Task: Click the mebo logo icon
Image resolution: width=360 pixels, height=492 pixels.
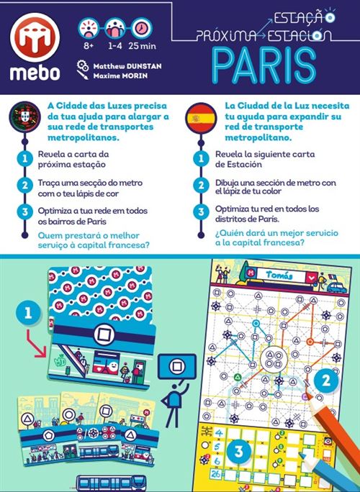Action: click(x=35, y=37)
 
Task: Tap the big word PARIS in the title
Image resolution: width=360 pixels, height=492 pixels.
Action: click(x=264, y=66)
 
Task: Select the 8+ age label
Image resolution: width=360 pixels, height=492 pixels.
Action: click(x=89, y=46)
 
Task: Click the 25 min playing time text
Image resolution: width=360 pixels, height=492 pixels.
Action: click(x=142, y=46)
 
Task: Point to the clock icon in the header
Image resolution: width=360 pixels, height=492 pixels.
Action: click(x=142, y=28)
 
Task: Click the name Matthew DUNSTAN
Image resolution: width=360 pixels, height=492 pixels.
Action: click(x=127, y=66)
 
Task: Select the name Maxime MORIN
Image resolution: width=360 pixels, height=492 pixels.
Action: click(x=120, y=76)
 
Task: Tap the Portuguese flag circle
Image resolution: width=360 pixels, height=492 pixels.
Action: click(x=24, y=117)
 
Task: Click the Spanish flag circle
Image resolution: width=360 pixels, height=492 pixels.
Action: click(x=201, y=119)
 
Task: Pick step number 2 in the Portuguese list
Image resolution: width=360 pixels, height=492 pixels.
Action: click(x=24, y=186)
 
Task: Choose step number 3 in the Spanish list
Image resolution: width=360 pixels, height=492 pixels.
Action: click(x=201, y=211)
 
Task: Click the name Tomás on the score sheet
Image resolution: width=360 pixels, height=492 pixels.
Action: click(x=279, y=275)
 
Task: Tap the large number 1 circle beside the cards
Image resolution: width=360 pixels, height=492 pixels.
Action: click(x=28, y=313)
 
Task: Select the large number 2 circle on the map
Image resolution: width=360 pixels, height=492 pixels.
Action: click(x=326, y=380)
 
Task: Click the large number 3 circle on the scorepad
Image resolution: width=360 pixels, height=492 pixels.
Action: click(x=238, y=451)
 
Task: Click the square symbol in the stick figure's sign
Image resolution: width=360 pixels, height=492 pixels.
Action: click(x=176, y=366)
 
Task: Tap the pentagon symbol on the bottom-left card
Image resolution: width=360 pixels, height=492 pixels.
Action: click(x=48, y=435)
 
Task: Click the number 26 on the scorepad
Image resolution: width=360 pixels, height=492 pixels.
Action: click(x=215, y=473)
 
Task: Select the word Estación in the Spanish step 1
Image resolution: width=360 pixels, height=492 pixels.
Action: click(x=244, y=164)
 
